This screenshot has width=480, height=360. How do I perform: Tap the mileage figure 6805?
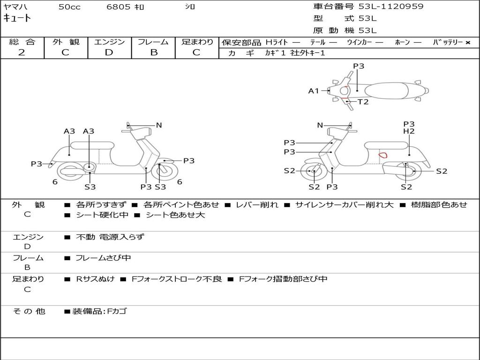(x=118, y=7)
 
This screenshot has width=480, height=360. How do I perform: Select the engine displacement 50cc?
(x=69, y=7)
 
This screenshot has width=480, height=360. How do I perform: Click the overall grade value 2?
(x=22, y=52)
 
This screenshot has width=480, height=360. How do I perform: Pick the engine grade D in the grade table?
(x=109, y=52)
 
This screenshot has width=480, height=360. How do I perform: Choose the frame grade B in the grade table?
(x=154, y=52)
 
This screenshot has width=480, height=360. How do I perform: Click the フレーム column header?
(x=153, y=42)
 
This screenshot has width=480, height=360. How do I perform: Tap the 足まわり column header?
(x=197, y=42)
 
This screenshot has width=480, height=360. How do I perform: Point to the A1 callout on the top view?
(x=313, y=91)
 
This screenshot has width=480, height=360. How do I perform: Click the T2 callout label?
(x=363, y=102)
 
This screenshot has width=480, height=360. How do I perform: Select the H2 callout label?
(x=409, y=131)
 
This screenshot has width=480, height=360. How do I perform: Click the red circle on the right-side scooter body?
(x=383, y=154)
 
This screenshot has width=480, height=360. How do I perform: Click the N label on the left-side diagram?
(x=159, y=125)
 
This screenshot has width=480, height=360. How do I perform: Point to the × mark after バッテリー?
(x=467, y=42)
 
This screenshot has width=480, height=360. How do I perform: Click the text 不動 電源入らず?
(x=110, y=237)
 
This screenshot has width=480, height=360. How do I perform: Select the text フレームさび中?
(x=103, y=258)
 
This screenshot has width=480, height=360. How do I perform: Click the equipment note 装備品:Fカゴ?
(x=99, y=311)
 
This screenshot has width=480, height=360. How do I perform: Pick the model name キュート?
(x=17, y=18)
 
